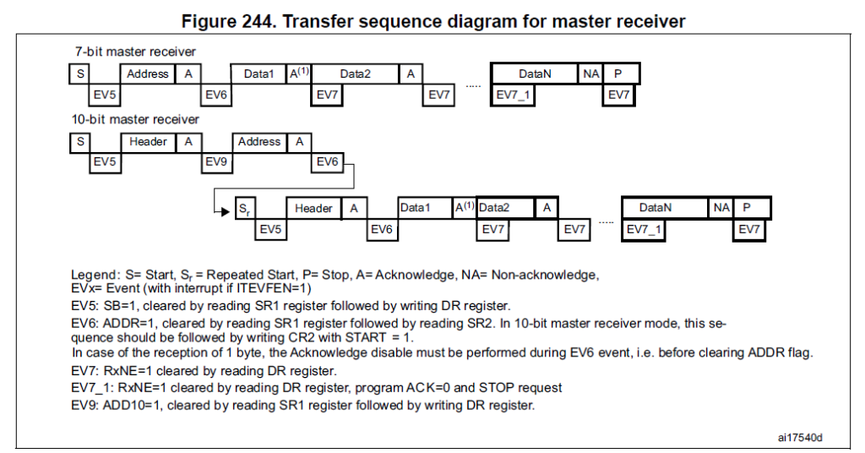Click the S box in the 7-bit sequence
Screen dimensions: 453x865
(x=80, y=74)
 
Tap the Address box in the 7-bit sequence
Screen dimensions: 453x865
(x=148, y=74)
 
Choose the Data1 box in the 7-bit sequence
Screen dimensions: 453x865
(x=259, y=74)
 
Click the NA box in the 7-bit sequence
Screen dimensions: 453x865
(x=590, y=74)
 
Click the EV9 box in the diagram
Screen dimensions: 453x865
(x=216, y=161)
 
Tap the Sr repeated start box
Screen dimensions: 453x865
(x=243, y=208)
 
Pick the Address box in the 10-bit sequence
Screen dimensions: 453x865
(x=259, y=141)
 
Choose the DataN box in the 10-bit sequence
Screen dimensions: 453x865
(x=656, y=208)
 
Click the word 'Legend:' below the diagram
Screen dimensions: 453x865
(x=95, y=275)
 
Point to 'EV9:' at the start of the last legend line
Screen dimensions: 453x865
(x=86, y=405)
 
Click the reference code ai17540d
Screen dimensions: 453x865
(x=800, y=437)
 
